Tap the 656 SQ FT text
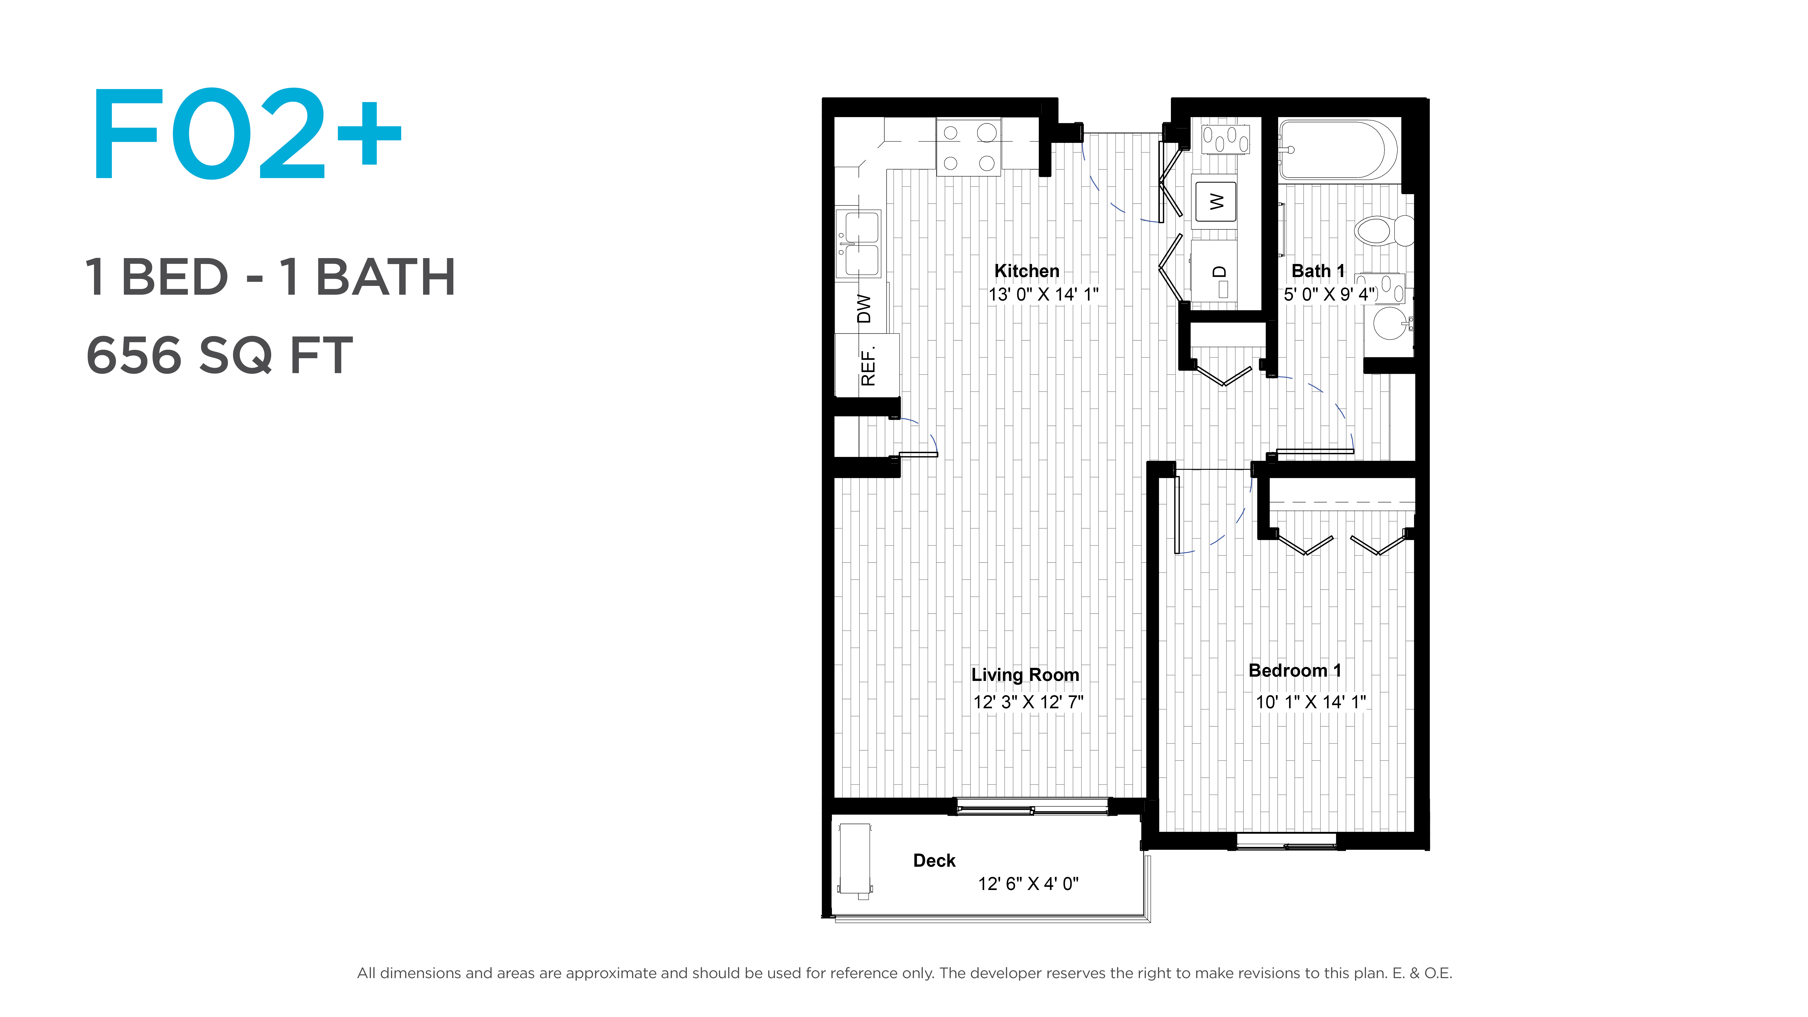[x=219, y=355]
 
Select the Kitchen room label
[x=1027, y=271]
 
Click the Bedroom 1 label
[x=1295, y=670]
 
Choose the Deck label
[x=934, y=860]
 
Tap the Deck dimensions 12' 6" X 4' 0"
[x=1028, y=884]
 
